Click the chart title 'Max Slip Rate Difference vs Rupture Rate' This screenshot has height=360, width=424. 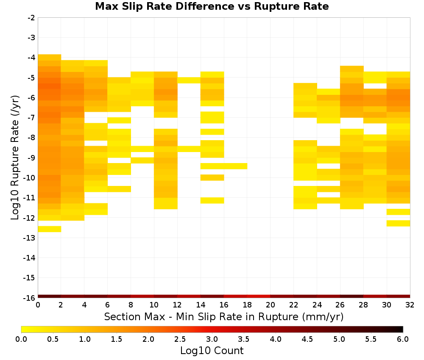pos(212,6)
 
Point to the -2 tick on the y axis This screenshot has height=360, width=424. pos(31,18)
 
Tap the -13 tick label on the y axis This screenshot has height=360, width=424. pos(30,238)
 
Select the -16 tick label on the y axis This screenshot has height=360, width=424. pos(30,298)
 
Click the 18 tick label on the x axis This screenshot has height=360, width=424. pos(247,305)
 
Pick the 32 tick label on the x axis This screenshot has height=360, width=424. pos(410,305)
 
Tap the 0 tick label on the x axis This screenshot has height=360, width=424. pos(38,305)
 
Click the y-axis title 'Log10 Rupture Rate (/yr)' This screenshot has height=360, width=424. pos(15,158)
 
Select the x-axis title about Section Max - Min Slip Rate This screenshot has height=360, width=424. pos(223,316)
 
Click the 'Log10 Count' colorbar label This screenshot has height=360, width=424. pos(212,351)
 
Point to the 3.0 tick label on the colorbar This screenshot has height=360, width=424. pos(212,339)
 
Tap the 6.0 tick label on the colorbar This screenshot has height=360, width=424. pos(403,339)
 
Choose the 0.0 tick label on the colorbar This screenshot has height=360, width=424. pos(21,339)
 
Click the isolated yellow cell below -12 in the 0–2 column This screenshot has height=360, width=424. pos(50,229)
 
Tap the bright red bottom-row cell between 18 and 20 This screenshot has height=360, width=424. pos(259,296)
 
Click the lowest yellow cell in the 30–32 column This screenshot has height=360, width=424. pos(398,223)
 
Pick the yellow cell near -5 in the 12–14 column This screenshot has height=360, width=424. pos(189,80)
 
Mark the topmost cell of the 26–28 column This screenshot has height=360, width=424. pos(352,69)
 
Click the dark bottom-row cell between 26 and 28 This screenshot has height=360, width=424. pos(352,296)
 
